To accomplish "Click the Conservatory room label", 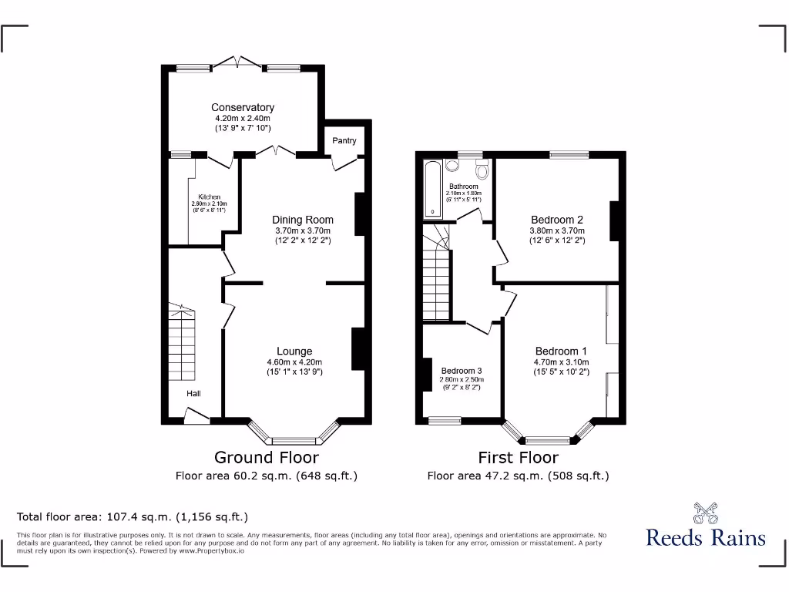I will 243,107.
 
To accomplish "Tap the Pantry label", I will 344,140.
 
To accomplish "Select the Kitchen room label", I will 209,197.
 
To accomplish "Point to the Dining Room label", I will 303,220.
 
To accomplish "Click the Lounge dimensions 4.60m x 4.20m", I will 294,362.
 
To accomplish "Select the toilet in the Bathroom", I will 483,170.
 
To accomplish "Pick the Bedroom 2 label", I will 557,220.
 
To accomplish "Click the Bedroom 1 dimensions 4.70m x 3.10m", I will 561,362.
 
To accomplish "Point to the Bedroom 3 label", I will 461,371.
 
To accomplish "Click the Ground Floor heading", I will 266,458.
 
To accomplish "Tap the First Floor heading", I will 519,458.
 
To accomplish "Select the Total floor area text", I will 133,516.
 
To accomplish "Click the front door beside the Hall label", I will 196,418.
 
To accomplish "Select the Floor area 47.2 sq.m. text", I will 518,476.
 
